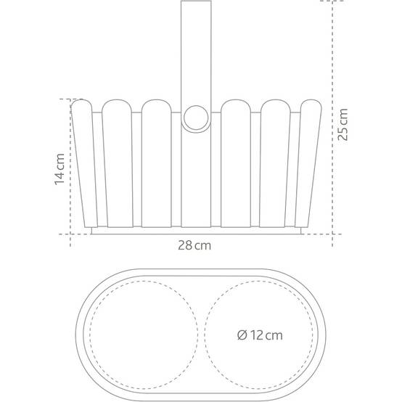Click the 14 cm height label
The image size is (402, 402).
click(60, 169)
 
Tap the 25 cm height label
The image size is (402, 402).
click(342, 125)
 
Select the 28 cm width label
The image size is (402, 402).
click(194, 245)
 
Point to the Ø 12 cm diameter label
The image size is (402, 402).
click(260, 335)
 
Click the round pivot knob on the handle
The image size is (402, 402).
click(196, 118)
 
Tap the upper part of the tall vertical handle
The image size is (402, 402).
click(196, 52)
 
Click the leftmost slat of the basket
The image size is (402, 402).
click(84, 163)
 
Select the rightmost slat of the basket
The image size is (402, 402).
click(308, 163)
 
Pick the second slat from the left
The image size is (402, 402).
click(118, 163)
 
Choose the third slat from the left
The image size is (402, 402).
click(157, 163)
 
